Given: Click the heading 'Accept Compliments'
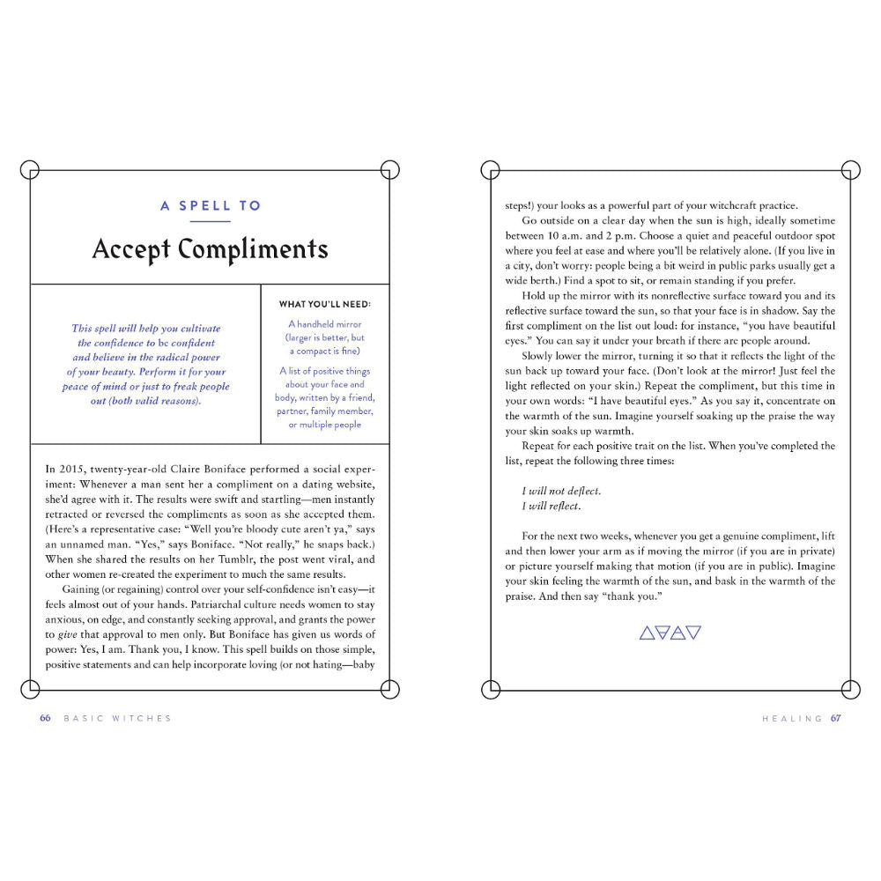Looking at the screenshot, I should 210,249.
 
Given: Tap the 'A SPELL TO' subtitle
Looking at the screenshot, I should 211,206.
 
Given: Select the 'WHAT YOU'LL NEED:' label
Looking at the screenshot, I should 325,304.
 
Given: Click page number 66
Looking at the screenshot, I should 45,718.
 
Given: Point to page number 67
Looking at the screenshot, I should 835,718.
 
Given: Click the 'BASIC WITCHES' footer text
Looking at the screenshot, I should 117,718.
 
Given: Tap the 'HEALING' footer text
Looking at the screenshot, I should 793,718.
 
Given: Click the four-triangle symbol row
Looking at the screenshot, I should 670,632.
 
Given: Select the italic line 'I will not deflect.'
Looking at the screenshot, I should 561,491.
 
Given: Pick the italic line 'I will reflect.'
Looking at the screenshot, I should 552,507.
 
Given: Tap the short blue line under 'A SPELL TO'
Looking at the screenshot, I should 210,221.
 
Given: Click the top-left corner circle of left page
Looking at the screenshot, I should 30,170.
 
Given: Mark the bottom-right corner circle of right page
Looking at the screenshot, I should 851,689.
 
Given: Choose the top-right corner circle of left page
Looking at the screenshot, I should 389,170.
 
